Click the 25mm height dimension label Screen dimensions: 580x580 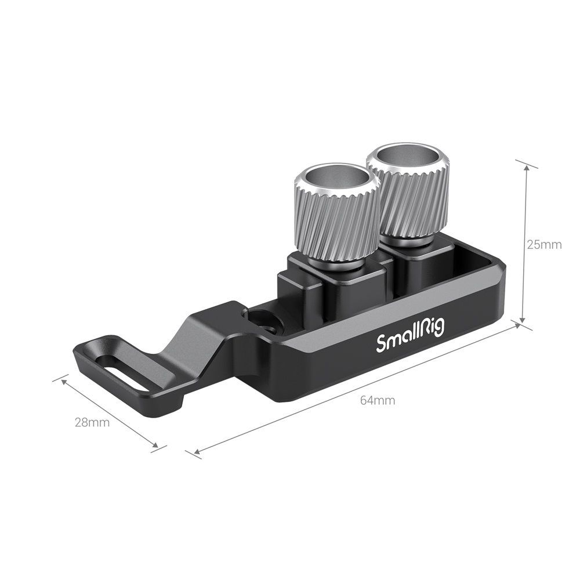point(543,244)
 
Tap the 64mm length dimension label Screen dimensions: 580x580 point(377,400)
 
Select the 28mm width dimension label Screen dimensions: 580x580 point(92,422)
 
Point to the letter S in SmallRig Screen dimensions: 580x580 point(382,343)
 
